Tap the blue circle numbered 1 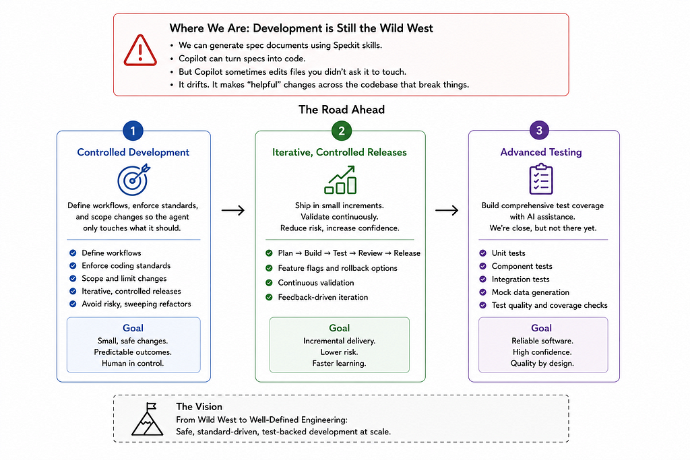(x=133, y=131)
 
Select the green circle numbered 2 (x=341, y=131)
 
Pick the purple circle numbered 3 (x=539, y=130)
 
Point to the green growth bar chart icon (x=340, y=180)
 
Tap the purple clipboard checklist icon (x=541, y=179)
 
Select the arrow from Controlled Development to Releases (x=232, y=211)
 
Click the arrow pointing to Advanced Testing (x=447, y=211)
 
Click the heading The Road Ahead (x=342, y=110)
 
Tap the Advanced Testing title (x=541, y=152)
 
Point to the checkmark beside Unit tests (x=482, y=253)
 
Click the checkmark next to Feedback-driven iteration (x=269, y=297)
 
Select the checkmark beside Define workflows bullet (x=73, y=253)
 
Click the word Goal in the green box (x=340, y=328)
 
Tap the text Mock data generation (x=530, y=292)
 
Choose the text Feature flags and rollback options (x=338, y=268)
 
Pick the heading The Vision (x=199, y=407)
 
